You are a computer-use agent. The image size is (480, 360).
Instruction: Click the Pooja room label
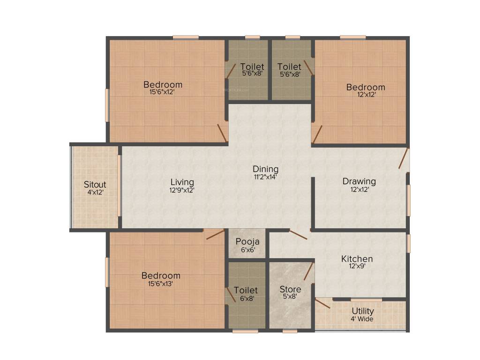[247, 242]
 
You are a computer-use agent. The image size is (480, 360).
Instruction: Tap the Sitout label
[95, 184]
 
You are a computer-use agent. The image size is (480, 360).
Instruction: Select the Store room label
[290, 289]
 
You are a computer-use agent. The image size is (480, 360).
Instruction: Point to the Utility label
[363, 311]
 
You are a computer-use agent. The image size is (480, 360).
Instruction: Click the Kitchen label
[357, 259]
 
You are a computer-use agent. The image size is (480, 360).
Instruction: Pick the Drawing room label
[359, 181]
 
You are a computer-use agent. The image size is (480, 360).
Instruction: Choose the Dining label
[266, 169]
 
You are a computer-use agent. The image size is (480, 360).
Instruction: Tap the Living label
[182, 182]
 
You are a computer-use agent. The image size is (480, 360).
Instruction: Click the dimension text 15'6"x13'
[161, 284]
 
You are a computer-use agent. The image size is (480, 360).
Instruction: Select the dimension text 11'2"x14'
[266, 177]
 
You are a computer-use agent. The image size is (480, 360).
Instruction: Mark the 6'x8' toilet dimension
[246, 298]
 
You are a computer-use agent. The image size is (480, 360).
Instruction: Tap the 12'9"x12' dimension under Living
[182, 190]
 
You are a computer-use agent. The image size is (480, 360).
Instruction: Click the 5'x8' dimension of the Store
[290, 297]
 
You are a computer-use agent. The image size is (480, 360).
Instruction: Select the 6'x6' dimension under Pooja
[247, 250]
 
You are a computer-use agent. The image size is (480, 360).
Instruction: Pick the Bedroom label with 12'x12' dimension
[366, 87]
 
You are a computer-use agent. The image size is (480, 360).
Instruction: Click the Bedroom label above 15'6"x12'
[163, 85]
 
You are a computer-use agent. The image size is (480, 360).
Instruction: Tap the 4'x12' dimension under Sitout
[95, 192]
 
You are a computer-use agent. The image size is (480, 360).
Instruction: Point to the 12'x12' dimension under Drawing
[359, 189]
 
